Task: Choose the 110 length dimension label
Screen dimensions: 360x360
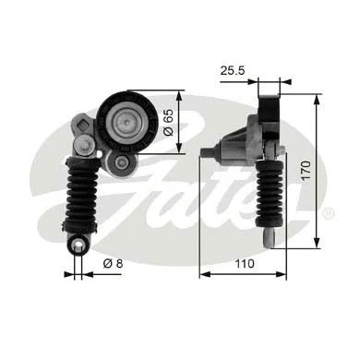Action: pyautogui.click(x=244, y=265)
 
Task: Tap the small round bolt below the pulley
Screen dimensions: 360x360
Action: pyautogui.click(x=120, y=162)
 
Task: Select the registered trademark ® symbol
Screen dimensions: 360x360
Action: pyautogui.click(x=329, y=213)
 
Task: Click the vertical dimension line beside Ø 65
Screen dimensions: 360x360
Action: pyautogui.click(x=182, y=122)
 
